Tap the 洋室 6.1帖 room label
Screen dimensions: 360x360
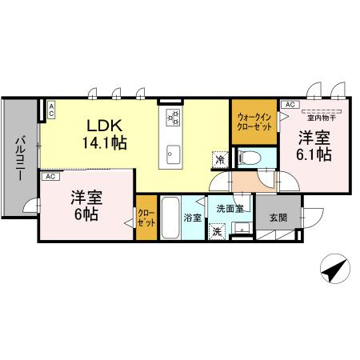click(x=314, y=145)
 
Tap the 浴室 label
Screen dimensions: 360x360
click(x=192, y=217)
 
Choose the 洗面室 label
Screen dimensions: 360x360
click(x=229, y=208)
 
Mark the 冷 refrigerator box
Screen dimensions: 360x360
click(x=219, y=158)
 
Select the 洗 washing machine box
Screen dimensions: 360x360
click(x=216, y=232)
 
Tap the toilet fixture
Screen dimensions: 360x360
click(x=250, y=157)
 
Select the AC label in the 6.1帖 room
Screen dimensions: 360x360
click(x=289, y=104)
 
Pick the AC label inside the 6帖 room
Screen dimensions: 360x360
click(x=50, y=176)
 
